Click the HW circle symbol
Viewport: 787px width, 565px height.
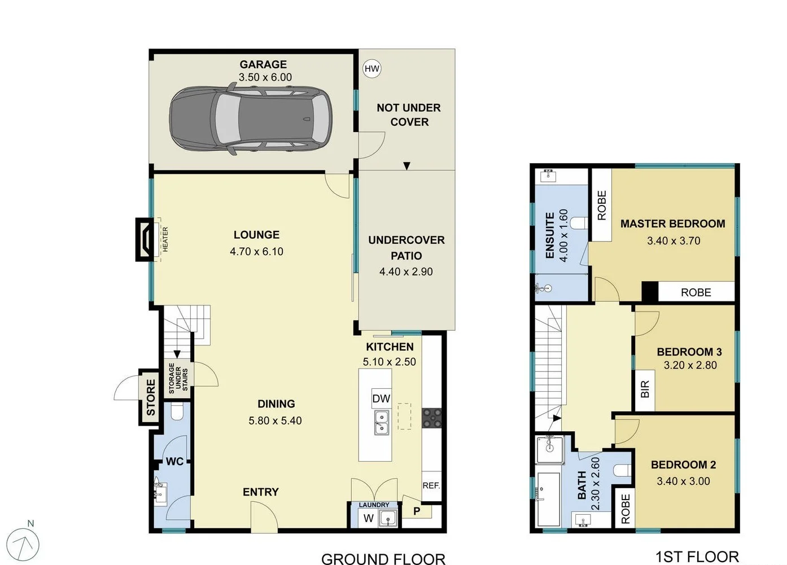tap(371, 69)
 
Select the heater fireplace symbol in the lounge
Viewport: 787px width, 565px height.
tap(146, 239)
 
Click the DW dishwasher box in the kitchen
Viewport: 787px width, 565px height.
tap(381, 398)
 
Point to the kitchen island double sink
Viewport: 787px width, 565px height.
tap(382, 423)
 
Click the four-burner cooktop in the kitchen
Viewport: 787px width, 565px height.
tap(432, 418)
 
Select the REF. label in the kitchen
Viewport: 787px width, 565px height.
tap(431, 485)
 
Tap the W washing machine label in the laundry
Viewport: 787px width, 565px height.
tap(368, 518)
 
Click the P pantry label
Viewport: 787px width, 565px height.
tap(417, 511)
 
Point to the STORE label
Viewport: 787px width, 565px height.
tap(150, 397)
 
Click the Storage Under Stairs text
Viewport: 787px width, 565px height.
tap(178, 378)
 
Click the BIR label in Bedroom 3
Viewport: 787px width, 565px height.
tap(645, 389)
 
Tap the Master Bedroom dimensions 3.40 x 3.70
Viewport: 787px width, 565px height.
tap(673, 241)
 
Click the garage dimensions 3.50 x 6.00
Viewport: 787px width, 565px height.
tap(265, 77)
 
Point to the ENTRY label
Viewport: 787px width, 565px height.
tap(260, 492)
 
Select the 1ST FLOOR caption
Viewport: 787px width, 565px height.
tap(697, 557)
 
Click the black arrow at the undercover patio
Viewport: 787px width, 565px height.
tap(406, 166)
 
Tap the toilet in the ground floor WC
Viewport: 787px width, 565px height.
tap(177, 413)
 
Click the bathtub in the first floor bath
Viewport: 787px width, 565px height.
tap(547, 499)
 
